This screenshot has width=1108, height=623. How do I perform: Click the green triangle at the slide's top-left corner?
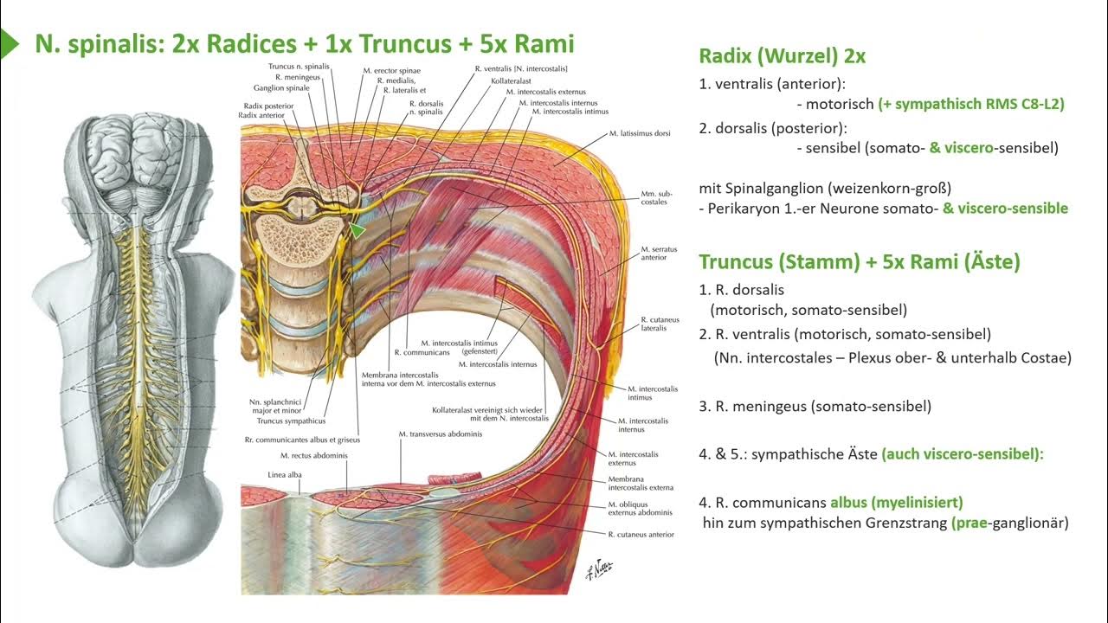coord(9,44)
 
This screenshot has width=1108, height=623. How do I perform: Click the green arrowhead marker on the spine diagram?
coord(357,230)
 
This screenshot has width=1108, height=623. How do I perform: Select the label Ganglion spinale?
coord(281,87)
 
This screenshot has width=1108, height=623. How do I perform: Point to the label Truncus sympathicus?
coord(287,421)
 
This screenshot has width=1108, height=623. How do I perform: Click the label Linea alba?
coord(285,474)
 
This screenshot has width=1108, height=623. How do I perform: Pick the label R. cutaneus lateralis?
coord(654,324)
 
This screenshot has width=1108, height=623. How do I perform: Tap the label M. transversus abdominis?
coord(441,434)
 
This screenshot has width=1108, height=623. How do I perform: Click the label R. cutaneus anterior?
coord(641,534)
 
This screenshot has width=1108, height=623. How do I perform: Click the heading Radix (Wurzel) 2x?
coord(782,57)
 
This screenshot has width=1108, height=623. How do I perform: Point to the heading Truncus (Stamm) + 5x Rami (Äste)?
coord(860,261)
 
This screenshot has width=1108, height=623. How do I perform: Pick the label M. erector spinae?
coord(391,69)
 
